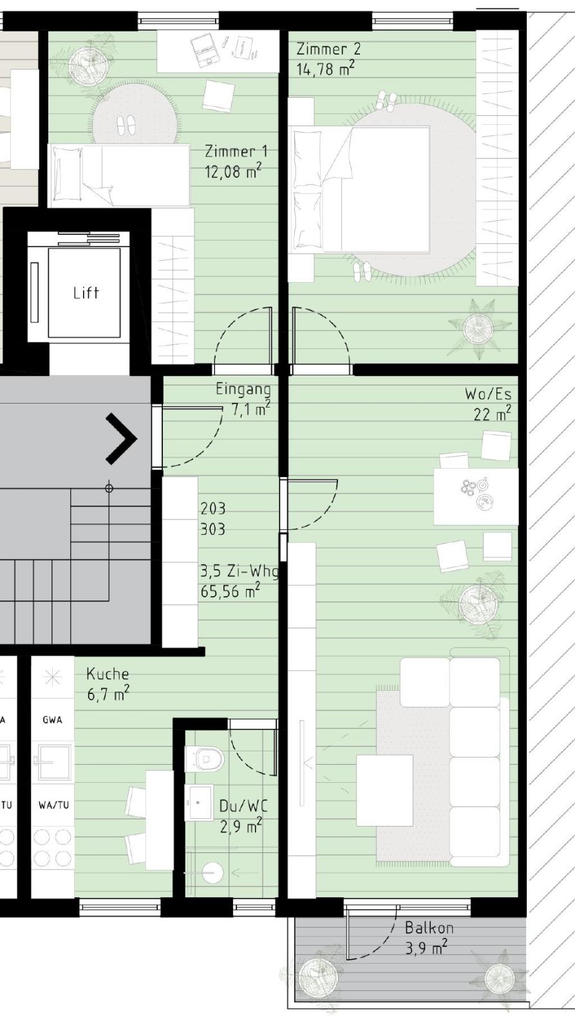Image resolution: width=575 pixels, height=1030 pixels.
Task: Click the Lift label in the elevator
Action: tap(86, 293)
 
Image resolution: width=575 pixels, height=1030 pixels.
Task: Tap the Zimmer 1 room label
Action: tap(236, 151)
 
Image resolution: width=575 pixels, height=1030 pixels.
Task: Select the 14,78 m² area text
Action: tap(325, 69)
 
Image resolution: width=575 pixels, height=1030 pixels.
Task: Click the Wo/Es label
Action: tap(488, 394)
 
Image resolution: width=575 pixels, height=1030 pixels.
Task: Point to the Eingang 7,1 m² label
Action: tap(243, 398)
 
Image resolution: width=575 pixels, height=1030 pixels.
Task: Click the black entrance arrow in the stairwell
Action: tap(122, 439)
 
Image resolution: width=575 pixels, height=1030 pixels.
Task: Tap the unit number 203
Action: tap(212, 509)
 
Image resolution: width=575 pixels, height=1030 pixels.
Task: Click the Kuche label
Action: tap(108, 674)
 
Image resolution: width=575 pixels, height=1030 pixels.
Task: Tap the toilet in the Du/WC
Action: tap(203, 759)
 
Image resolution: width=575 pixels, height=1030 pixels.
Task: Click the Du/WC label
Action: tap(243, 806)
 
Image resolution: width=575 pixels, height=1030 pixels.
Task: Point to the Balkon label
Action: tap(429, 928)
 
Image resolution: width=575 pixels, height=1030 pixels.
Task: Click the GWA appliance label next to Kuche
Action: tap(53, 720)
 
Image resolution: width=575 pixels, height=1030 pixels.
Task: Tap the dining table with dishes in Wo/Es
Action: tap(475, 496)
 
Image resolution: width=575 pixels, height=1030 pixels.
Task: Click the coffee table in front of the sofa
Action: tap(384, 789)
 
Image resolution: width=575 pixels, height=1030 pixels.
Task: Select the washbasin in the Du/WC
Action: tap(199, 803)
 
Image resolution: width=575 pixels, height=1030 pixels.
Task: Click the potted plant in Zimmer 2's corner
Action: tap(481, 328)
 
